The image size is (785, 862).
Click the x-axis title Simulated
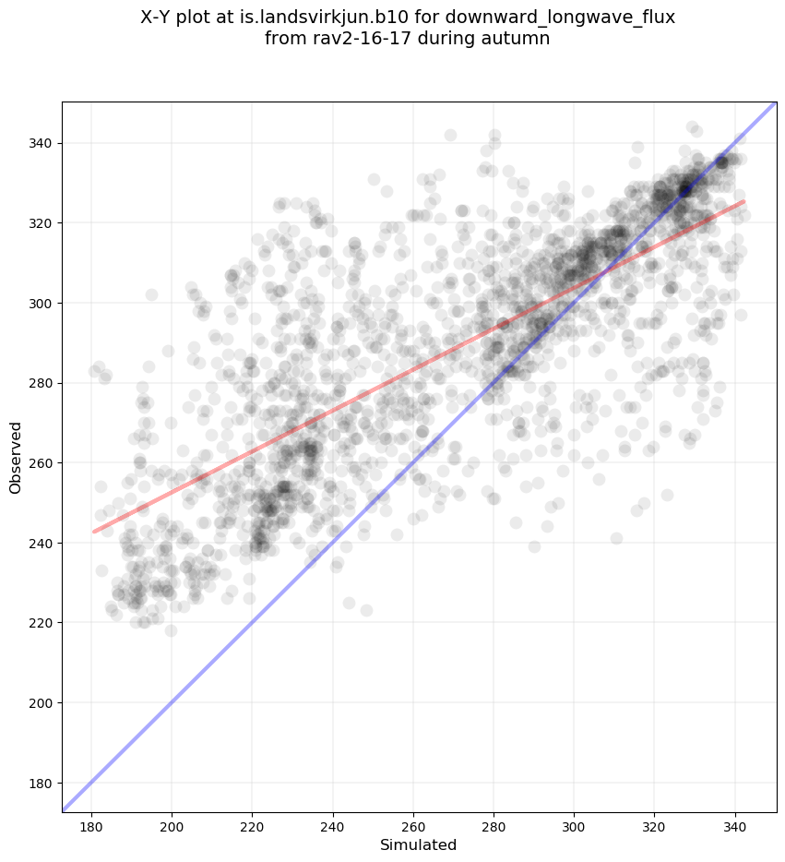pyautogui.click(x=419, y=844)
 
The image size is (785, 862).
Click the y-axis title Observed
pyautogui.click(x=16, y=457)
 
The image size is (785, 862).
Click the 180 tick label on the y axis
pyautogui.click(x=40, y=783)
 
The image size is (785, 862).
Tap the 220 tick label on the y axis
pyautogui.click(x=40, y=623)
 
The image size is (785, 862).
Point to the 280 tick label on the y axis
pyautogui.click(x=40, y=383)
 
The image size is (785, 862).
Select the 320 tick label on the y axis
pyautogui.click(x=40, y=223)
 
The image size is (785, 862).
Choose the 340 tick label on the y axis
pyautogui.click(x=40, y=143)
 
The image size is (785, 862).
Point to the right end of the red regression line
pyautogui.click(x=743, y=201)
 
